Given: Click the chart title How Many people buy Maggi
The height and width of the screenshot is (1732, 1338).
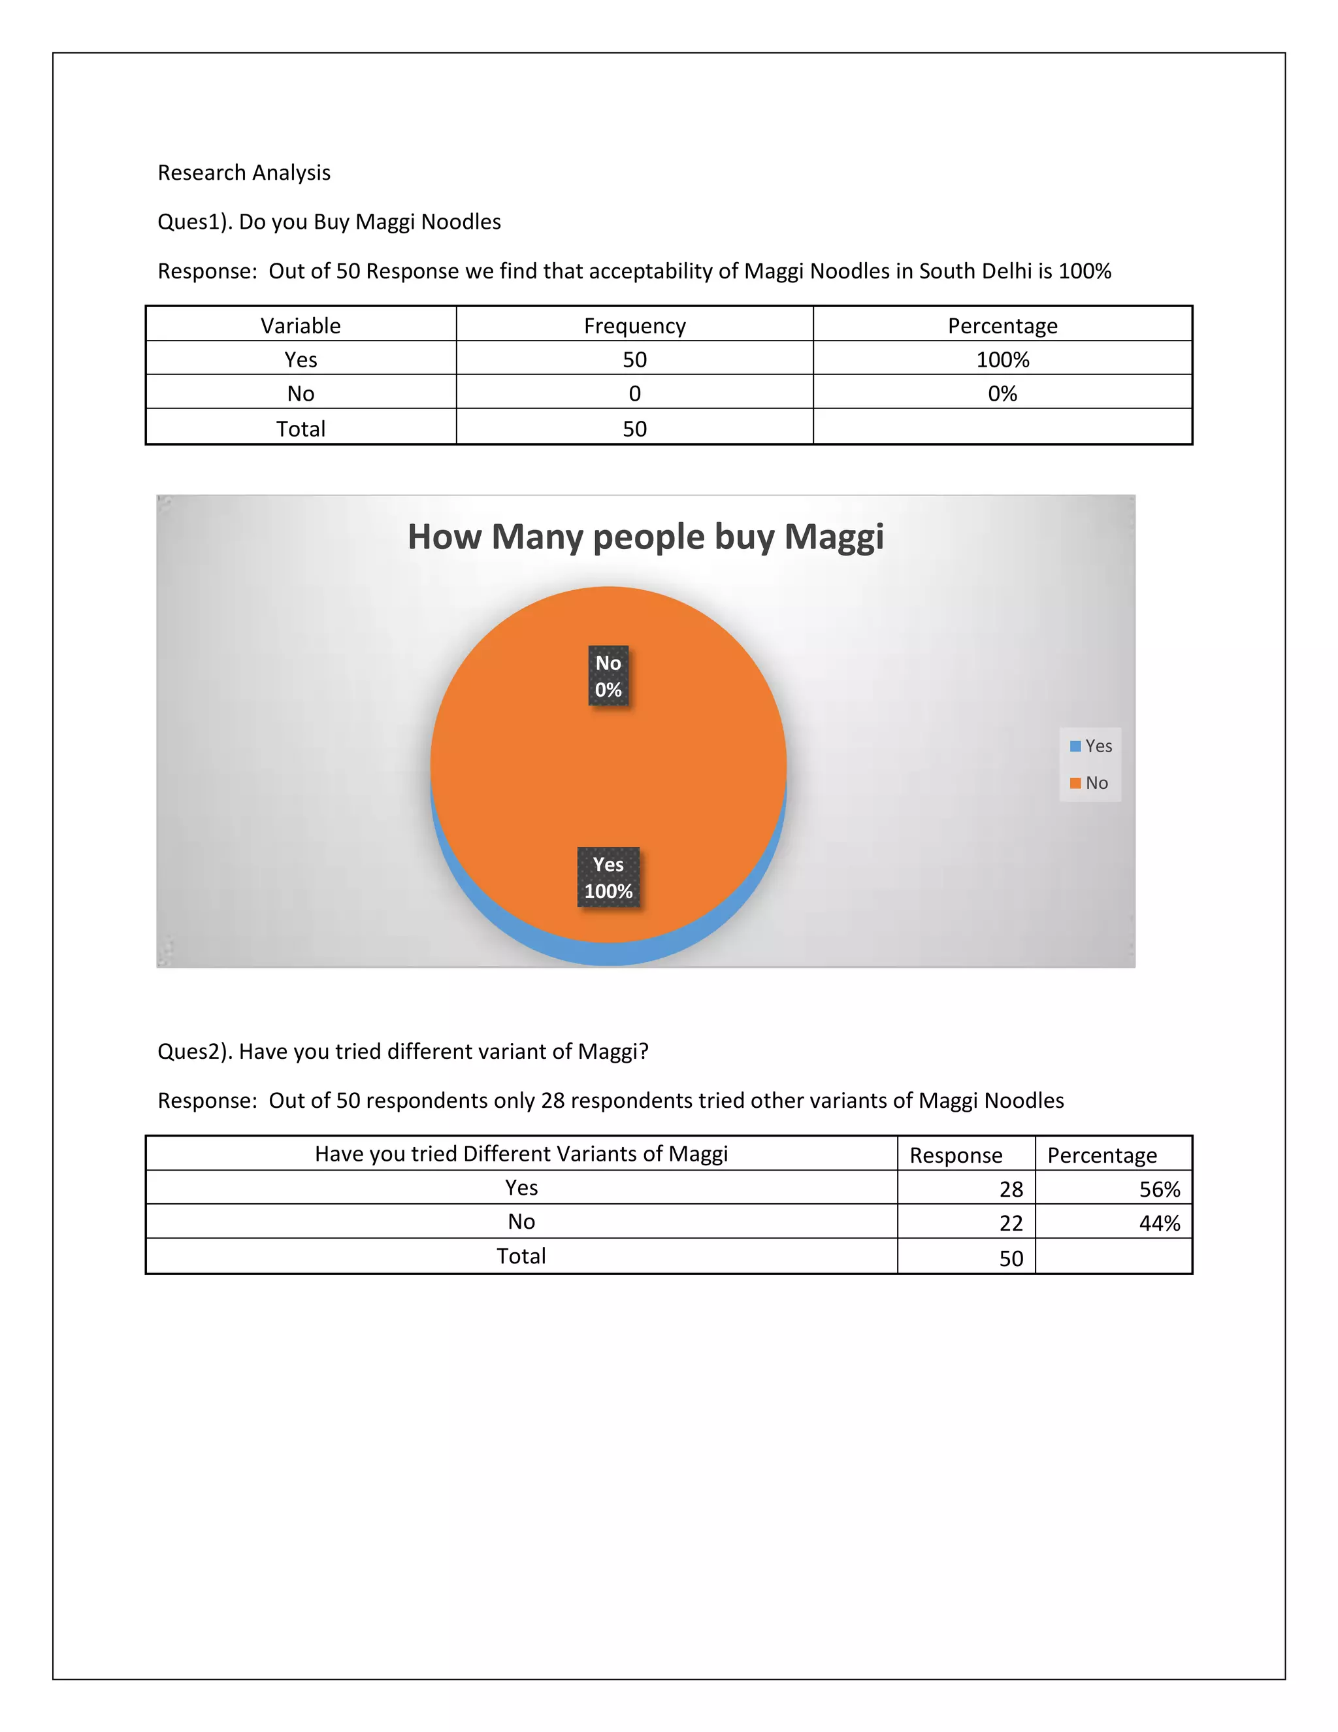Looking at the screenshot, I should (x=645, y=537).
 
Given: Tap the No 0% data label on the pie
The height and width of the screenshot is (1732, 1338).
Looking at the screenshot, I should (x=608, y=676).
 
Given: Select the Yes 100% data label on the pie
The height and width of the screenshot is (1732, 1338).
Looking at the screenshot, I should (x=608, y=877).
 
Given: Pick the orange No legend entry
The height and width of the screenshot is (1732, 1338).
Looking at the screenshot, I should (x=1089, y=783).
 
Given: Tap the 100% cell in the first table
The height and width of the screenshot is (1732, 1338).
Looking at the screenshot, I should (x=1002, y=359).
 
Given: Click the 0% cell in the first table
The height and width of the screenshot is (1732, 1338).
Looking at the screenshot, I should (x=1002, y=393).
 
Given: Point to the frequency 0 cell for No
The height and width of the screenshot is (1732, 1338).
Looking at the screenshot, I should (x=634, y=393).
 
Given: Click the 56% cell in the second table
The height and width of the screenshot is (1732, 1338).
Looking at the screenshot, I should (x=1159, y=1189).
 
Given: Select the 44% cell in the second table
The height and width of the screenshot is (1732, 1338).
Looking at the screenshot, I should (x=1159, y=1223).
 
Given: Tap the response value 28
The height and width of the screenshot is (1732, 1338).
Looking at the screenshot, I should (x=1011, y=1189).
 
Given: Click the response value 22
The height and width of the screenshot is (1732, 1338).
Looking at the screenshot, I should (x=1011, y=1223).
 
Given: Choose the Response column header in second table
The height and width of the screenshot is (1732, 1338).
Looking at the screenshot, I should (x=955, y=1155).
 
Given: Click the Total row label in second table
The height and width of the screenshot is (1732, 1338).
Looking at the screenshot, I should (x=521, y=1256).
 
